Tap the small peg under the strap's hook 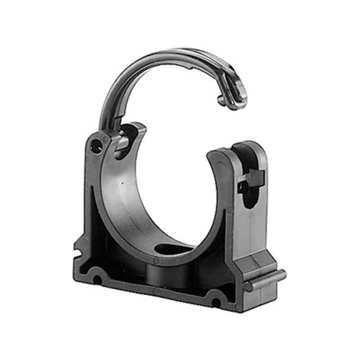(221, 100)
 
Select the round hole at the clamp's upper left (96, 145)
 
